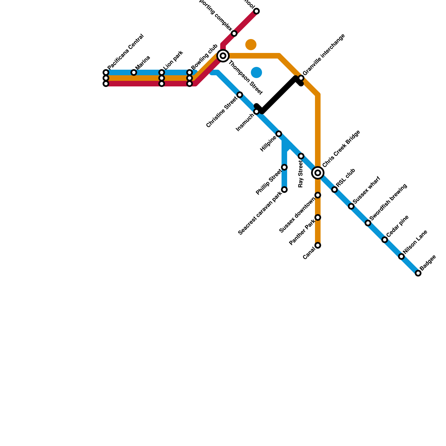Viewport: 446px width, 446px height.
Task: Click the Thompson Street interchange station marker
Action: [x=223, y=56]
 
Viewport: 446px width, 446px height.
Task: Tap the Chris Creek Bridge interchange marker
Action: [x=318, y=173]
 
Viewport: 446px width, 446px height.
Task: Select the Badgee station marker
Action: [x=418, y=273]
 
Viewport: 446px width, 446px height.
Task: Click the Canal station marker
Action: [x=318, y=245]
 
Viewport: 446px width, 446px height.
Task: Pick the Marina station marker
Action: [x=134, y=72]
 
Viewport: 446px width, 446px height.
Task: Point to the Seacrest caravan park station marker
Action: [x=284, y=190]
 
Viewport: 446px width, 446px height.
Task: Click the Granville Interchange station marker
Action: [x=301, y=78]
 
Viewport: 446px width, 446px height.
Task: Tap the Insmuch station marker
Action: [x=256, y=111]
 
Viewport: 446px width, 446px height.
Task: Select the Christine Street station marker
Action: [x=240, y=95]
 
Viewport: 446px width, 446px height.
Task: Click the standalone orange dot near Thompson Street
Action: [x=251, y=45]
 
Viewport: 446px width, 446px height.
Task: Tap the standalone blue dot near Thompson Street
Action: [x=256, y=72]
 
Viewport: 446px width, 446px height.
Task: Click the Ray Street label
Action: [x=300, y=174]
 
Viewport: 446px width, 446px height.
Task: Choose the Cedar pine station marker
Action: [x=385, y=240]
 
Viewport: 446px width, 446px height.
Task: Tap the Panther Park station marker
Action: [x=318, y=217]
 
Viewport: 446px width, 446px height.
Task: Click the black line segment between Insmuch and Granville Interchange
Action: [x=279, y=95]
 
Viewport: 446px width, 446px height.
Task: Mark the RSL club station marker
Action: [x=334, y=190]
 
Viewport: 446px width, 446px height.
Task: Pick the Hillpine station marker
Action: [x=279, y=134]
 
